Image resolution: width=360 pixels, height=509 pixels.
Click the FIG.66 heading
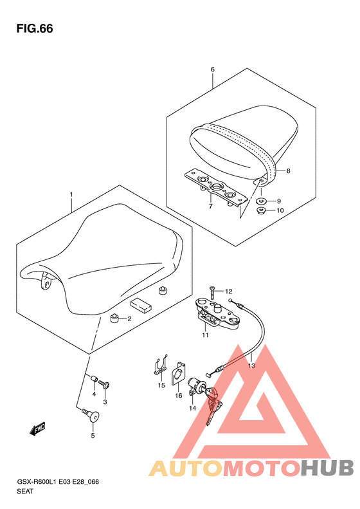tap(35, 28)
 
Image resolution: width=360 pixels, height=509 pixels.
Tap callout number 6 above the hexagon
tap(213, 69)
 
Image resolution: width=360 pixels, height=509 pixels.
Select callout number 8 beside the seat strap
tap(289, 171)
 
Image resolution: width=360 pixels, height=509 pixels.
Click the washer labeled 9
tap(262, 201)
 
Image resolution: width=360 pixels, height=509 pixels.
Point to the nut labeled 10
tap(262, 210)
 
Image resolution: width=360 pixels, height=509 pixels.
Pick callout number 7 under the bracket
tap(210, 206)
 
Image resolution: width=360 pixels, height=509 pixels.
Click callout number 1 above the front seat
tap(71, 194)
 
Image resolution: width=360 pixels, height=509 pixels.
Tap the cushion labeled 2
tap(114, 318)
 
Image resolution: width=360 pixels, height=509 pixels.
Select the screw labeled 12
tap(212, 293)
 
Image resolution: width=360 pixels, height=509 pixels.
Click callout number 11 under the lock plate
tap(205, 335)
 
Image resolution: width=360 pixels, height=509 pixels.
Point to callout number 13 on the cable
tap(251, 366)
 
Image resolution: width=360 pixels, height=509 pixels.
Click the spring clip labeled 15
tap(161, 365)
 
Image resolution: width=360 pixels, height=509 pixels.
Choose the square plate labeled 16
tap(178, 373)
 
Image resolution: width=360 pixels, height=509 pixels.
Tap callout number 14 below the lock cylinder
tap(193, 408)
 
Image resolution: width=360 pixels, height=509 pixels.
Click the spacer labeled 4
tap(94, 379)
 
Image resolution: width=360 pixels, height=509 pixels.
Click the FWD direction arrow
tap(37, 429)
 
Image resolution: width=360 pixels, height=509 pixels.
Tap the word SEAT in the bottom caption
tap(25, 491)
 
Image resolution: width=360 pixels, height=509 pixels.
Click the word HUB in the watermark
tap(327, 468)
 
